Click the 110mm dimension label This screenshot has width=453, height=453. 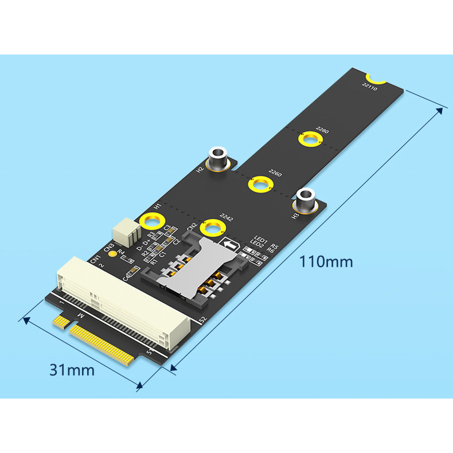tap(326, 262)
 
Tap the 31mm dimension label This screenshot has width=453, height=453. tap(72, 370)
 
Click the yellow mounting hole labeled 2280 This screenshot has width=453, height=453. tap(311, 139)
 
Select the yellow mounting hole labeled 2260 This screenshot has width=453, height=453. tap(259, 185)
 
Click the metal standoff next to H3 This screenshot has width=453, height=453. tap(304, 201)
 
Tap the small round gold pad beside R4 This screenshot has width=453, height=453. tap(114, 253)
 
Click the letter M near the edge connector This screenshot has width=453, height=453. tap(80, 317)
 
